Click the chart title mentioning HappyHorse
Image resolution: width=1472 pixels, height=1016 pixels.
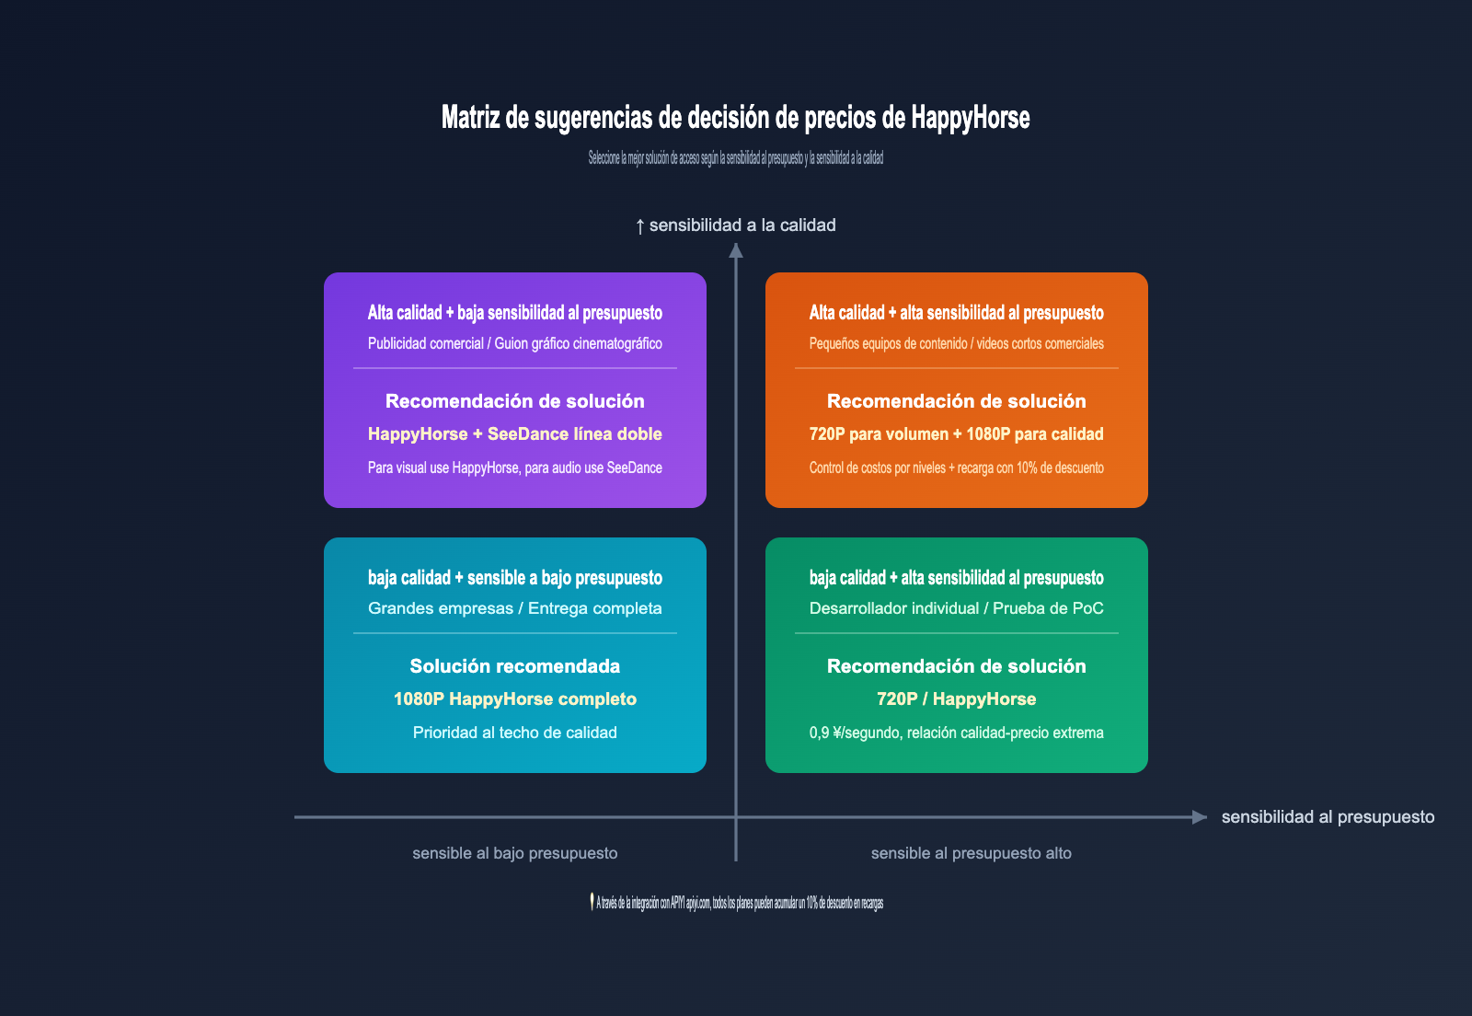click(x=735, y=118)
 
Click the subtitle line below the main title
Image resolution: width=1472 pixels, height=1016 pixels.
click(x=735, y=158)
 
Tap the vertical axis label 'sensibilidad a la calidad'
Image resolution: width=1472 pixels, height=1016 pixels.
click(x=742, y=225)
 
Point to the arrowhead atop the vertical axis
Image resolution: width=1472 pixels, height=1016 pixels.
click(x=736, y=249)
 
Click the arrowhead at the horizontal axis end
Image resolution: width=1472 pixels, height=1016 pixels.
click(x=1199, y=817)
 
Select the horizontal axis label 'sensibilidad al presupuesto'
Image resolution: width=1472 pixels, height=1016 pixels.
click(x=1328, y=817)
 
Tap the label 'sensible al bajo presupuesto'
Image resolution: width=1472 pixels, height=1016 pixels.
click(x=514, y=853)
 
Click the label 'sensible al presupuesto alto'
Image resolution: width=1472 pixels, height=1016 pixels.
click(x=971, y=853)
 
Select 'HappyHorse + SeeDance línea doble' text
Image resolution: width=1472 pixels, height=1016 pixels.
click(x=514, y=434)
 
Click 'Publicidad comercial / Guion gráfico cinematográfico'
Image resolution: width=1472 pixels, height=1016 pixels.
click(x=514, y=343)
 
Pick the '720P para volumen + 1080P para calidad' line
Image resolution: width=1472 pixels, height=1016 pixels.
click(x=956, y=434)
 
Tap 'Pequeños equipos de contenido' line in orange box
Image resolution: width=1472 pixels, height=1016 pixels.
click(x=956, y=343)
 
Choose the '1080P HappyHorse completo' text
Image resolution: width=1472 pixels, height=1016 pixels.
click(x=514, y=699)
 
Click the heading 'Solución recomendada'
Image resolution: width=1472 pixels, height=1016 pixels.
click(x=514, y=666)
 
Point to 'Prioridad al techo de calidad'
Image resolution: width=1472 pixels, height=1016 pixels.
click(x=514, y=733)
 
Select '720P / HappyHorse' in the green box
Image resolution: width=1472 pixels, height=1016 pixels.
click(x=956, y=699)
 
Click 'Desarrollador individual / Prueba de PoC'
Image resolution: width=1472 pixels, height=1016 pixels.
click(x=956, y=608)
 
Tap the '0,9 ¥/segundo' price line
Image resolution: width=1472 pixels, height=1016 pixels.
click(x=956, y=733)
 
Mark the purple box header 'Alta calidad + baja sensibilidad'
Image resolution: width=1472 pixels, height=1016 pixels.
click(x=514, y=313)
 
